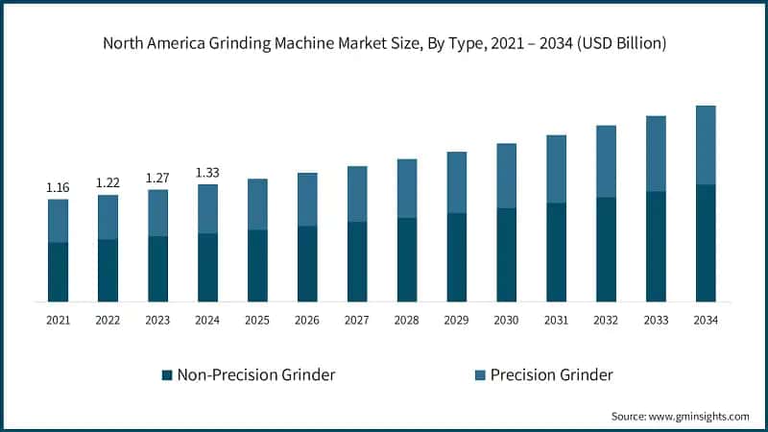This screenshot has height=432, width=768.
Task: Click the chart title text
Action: [384, 44]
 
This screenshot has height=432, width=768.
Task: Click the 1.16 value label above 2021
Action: [58, 187]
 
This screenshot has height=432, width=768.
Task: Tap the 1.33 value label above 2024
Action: [207, 173]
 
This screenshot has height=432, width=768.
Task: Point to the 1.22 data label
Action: [108, 182]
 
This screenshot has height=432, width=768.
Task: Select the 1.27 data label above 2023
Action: [157, 178]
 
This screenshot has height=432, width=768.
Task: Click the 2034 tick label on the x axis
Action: [706, 319]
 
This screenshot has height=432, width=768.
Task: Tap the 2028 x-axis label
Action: [406, 319]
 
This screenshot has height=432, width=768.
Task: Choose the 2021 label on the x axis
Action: [58, 319]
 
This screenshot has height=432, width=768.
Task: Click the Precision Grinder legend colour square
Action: [479, 374]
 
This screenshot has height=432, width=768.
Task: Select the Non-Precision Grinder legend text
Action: [255, 374]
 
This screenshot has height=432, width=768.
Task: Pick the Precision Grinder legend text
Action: [551, 374]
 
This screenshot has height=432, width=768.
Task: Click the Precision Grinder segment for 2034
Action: [706, 144]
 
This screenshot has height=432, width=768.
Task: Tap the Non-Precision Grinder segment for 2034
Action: [706, 243]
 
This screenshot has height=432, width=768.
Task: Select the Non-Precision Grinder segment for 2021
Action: [58, 272]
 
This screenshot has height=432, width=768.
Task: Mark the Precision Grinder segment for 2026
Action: [307, 199]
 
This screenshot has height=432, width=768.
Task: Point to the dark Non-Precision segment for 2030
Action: [506, 254]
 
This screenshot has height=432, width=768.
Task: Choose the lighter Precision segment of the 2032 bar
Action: [606, 161]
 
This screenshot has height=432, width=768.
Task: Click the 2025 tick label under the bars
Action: [257, 319]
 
